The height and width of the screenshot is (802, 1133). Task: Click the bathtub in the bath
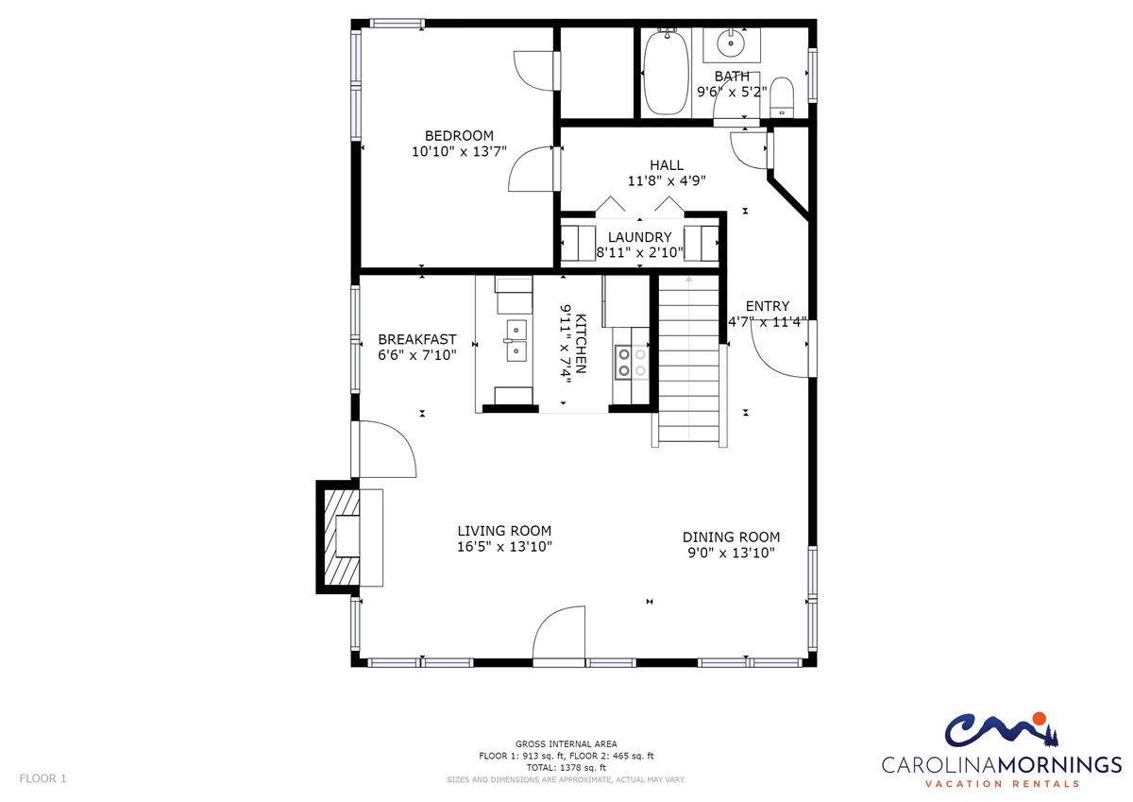point(666,73)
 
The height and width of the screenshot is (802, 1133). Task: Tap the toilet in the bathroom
point(782,97)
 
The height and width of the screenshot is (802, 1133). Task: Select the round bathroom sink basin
point(731,43)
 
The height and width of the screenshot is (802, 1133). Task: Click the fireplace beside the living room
point(338,537)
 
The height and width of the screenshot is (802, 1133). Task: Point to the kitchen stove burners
point(632,362)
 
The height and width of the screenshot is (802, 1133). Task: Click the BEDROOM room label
point(459,136)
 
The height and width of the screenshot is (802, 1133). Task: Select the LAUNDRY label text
point(639,237)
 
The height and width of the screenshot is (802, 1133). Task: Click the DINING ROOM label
point(731,537)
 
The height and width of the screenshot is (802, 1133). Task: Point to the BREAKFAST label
point(417,339)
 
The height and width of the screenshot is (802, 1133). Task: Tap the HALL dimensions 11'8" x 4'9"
point(667,180)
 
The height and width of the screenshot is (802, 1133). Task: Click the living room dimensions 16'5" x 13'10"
point(504,546)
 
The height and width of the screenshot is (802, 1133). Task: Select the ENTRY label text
point(768,306)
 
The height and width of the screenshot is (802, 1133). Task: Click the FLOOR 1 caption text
point(43,778)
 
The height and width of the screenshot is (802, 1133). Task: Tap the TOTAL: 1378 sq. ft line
point(566,768)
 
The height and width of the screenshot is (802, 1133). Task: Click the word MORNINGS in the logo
point(1059,764)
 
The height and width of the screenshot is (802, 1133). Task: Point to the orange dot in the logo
point(1039,719)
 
